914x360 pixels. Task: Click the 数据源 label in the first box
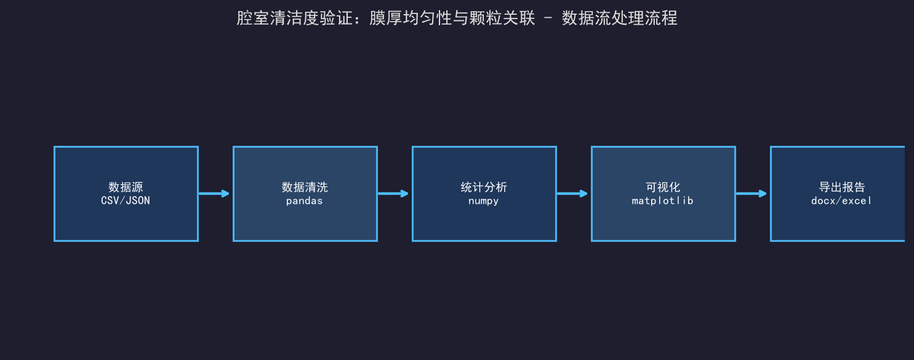point(126,187)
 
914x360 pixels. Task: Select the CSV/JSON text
point(126,201)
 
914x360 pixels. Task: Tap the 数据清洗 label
point(305,187)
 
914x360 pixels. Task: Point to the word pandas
point(305,201)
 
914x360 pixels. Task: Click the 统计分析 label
point(484,187)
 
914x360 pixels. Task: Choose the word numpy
point(484,201)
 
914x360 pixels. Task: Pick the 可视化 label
point(663,187)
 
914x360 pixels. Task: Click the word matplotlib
point(663,201)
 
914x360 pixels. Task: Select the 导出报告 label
point(842,187)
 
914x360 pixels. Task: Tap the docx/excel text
point(841,201)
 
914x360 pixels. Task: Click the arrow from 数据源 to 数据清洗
point(214,193)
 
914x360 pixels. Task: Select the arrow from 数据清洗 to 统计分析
point(393,193)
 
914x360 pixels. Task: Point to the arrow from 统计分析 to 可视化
point(572,193)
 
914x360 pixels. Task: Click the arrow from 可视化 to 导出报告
point(751,193)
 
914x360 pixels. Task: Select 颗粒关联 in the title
point(502,18)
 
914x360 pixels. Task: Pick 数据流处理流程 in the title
point(620,18)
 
